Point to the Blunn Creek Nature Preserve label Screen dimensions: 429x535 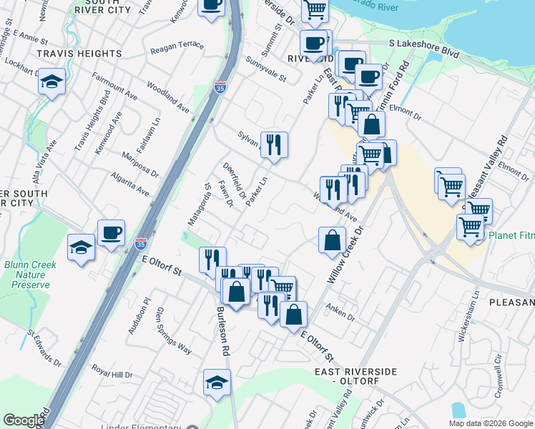tap(30, 275)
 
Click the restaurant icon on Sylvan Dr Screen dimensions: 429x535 tap(274, 145)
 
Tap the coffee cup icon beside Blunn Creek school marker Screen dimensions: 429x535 tap(111, 232)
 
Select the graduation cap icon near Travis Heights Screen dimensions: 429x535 tap(52, 82)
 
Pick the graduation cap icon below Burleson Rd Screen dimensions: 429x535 tap(217, 383)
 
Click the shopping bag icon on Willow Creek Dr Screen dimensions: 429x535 tap(332, 240)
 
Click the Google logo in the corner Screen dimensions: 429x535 tap(24, 420)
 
